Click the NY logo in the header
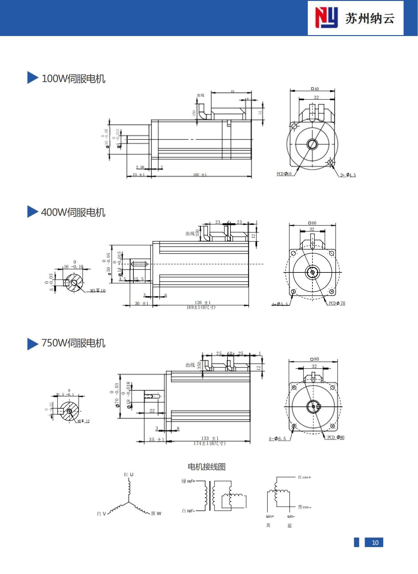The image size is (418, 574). coord(326,18)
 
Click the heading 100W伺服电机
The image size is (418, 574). coord(73,78)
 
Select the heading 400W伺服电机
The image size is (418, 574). coord(73,212)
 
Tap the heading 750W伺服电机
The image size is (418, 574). coord(73,343)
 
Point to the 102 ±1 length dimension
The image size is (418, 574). coord(200,174)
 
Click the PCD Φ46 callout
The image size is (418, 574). coord(284,174)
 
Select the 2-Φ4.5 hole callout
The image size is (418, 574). coord(348,175)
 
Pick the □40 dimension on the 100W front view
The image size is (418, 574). coord(315,89)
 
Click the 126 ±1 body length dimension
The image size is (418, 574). coord(203,303)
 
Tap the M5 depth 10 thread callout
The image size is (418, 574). coord(98,291)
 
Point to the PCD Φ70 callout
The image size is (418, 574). coord(337,303)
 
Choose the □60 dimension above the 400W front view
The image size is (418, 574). coord(312,223)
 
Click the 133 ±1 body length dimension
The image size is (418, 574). coord(210,438)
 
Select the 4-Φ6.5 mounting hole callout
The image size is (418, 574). coord(277,439)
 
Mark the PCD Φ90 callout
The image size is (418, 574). coord(336,437)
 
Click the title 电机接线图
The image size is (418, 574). coord(207,467)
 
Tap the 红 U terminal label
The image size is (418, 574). coord(128,474)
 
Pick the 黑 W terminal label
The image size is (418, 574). coord(156,514)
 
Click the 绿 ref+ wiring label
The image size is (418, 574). coord(188,481)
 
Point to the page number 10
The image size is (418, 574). coord(375,543)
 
